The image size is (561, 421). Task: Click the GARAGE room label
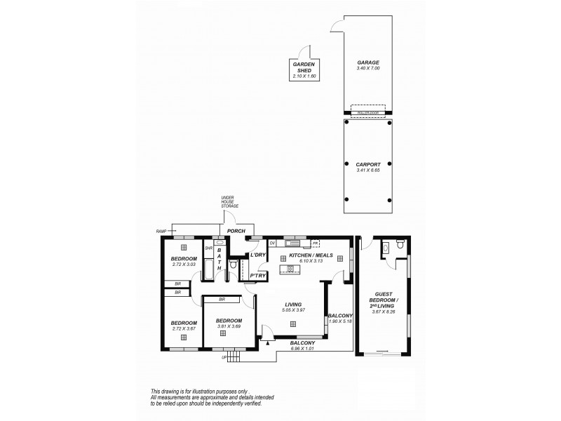367,62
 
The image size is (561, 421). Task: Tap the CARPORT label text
367,164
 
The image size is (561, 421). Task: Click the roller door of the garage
367,109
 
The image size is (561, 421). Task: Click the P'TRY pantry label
257,276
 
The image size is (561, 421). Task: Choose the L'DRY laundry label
257,255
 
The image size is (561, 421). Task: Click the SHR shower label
208,248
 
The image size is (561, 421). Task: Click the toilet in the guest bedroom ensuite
400,245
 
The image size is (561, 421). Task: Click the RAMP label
161,229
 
